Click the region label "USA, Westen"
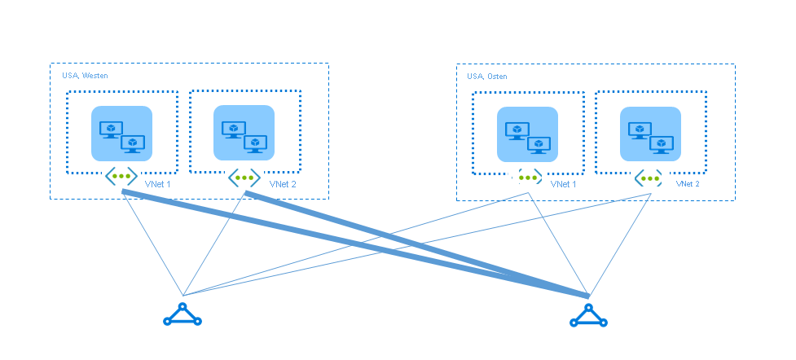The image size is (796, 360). tap(85, 76)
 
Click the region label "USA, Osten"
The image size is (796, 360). tap(487, 77)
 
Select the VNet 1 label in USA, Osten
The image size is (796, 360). tap(564, 185)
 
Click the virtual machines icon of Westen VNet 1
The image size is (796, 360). tap(121, 134)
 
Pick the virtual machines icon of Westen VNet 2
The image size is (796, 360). tap(244, 134)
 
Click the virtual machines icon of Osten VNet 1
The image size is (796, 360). tap(527, 134)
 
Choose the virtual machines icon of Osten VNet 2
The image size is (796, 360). tap(649, 134)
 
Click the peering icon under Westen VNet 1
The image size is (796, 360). tap(121, 176)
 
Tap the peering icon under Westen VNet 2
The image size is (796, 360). tap(244, 176)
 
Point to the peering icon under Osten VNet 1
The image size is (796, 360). tap(528, 178)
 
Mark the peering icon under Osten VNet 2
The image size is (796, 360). tap(649, 178)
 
